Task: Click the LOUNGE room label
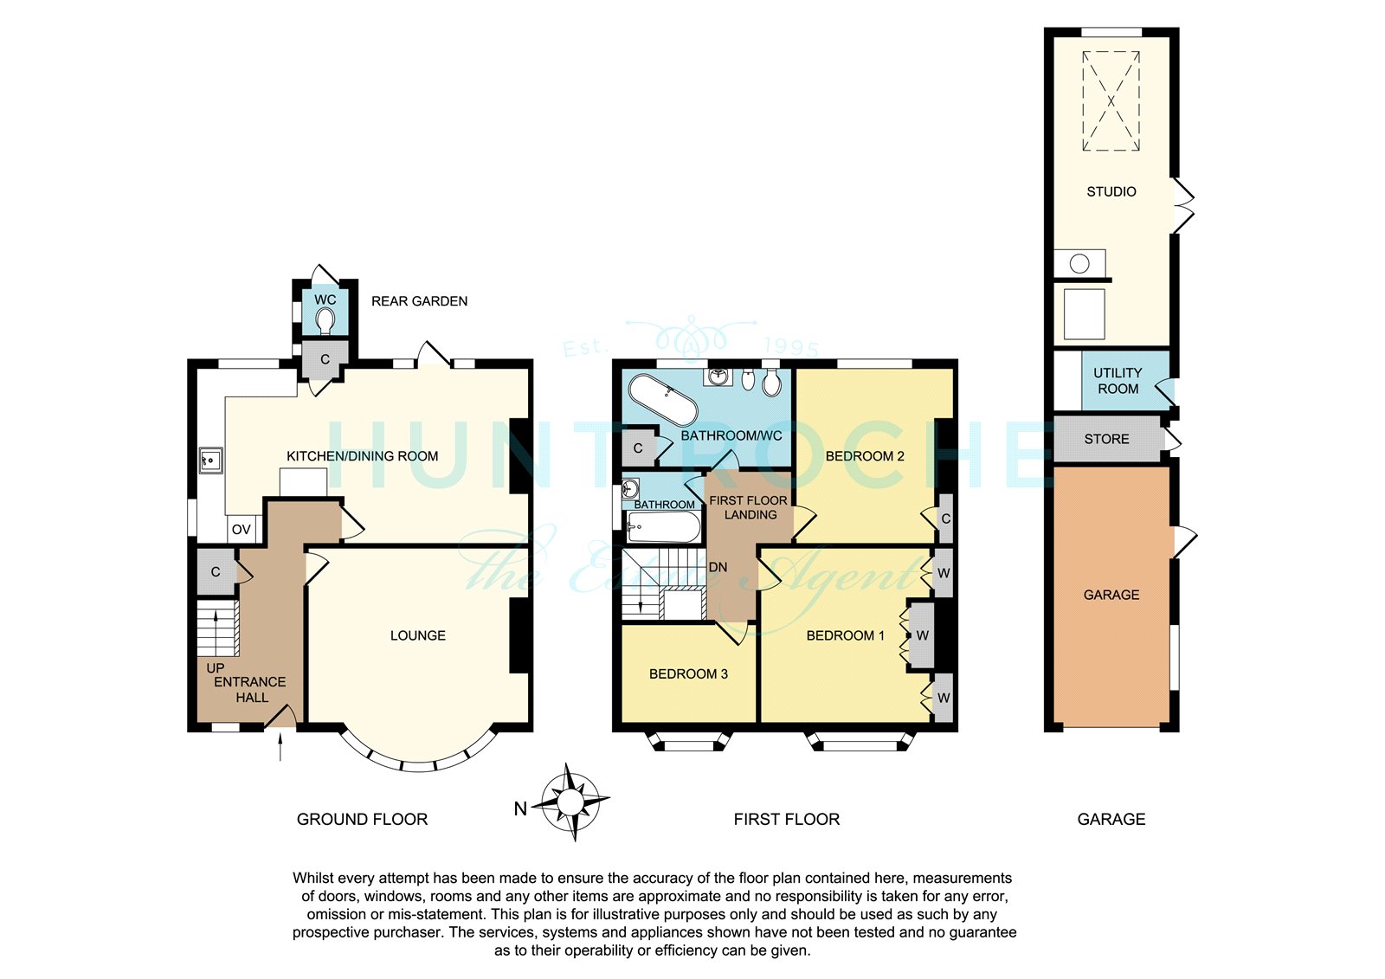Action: click(418, 635)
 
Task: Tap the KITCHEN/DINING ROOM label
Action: click(363, 456)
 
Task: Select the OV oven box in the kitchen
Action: click(242, 530)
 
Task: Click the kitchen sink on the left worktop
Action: click(211, 461)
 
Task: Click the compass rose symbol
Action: click(570, 802)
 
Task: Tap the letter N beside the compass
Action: click(520, 809)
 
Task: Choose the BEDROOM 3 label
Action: click(688, 674)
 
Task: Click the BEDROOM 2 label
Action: click(865, 456)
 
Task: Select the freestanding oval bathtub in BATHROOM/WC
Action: click(663, 400)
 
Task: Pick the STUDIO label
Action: click(1111, 191)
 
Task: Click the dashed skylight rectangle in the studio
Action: click(1111, 100)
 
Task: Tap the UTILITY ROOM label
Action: click(1118, 381)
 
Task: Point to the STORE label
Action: click(1107, 439)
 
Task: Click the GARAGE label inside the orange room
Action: click(1111, 595)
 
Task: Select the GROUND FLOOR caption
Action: click(363, 820)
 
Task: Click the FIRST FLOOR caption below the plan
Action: click(787, 820)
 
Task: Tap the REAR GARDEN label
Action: click(419, 301)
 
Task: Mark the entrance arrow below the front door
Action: click(280, 746)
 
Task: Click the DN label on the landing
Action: click(718, 567)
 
